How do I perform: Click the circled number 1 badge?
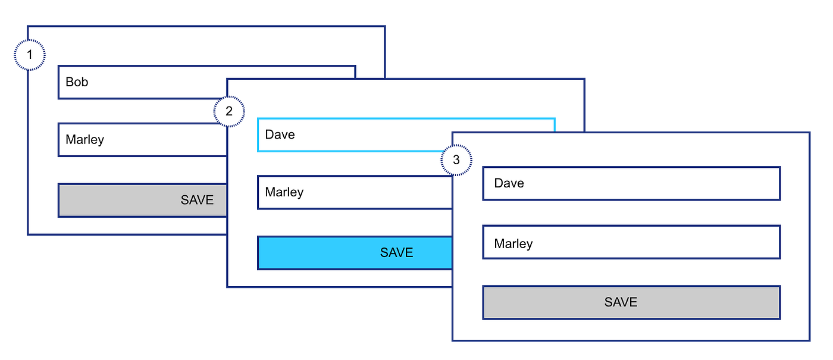tap(29, 55)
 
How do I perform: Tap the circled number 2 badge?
tap(229, 111)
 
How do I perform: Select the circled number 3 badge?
tap(456, 160)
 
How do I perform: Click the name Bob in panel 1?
tap(77, 82)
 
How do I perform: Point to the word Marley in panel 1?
tap(84, 140)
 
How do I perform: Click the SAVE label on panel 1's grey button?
tap(197, 200)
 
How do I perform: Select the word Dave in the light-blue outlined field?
tap(280, 134)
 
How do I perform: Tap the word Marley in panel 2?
tap(284, 192)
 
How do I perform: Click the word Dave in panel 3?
tap(509, 183)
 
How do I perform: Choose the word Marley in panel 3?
tap(513, 244)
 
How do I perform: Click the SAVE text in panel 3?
tap(621, 302)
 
